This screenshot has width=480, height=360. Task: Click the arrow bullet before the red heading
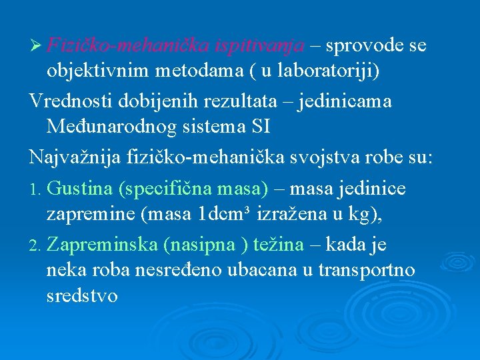(36, 47)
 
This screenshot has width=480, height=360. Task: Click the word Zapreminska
(103, 245)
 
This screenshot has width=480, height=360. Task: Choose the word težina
(280, 245)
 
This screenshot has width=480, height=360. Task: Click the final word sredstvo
(82, 295)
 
